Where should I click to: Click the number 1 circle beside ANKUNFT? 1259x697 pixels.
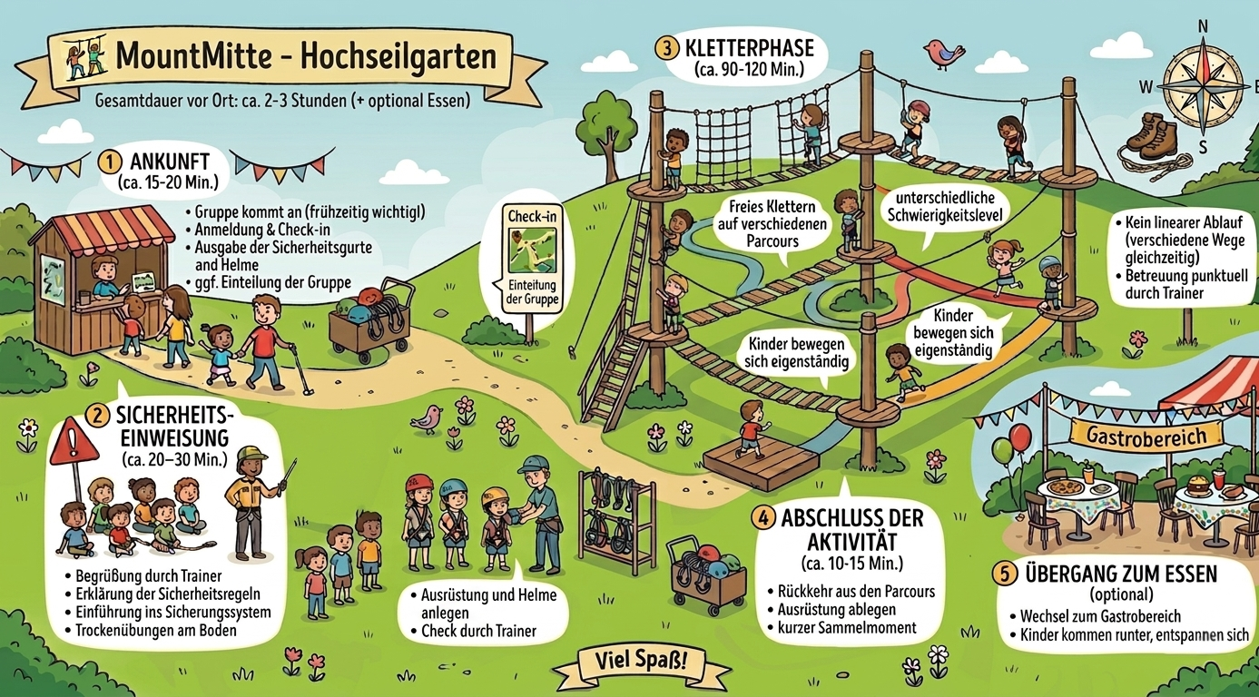coord(109,162)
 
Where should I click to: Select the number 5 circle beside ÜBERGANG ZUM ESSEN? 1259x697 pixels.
coord(1002,574)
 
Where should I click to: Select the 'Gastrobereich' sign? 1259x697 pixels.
coord(1146,436)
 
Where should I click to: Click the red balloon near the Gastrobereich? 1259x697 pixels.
coord(1020,437)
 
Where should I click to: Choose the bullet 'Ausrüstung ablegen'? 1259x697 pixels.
coord(836,609)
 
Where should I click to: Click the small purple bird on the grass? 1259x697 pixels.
coord(426,418)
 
